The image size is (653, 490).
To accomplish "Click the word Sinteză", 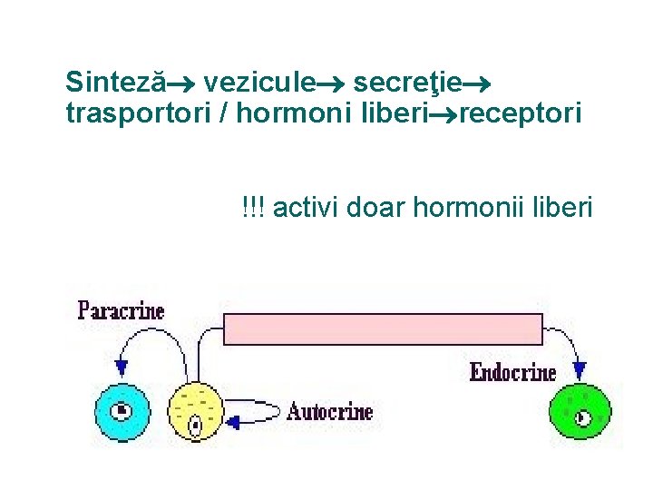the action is [x=115, y=83].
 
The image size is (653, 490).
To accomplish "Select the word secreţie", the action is [x=408, y=83].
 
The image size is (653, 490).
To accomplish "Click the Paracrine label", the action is [x=122, y=311].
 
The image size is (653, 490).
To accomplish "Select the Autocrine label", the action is [x=330, y=412].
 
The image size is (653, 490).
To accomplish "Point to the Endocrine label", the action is [x=512, y=371].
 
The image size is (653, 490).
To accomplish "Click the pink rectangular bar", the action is [x=383, y=328].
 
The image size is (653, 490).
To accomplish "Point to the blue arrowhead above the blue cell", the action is [x=122, y=368].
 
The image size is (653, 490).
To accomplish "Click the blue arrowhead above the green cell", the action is [x=580, y=369].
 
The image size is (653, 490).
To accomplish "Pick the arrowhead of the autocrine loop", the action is [x=233, y=422].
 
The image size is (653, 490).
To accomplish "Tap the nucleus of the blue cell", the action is [x=122, y=411].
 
